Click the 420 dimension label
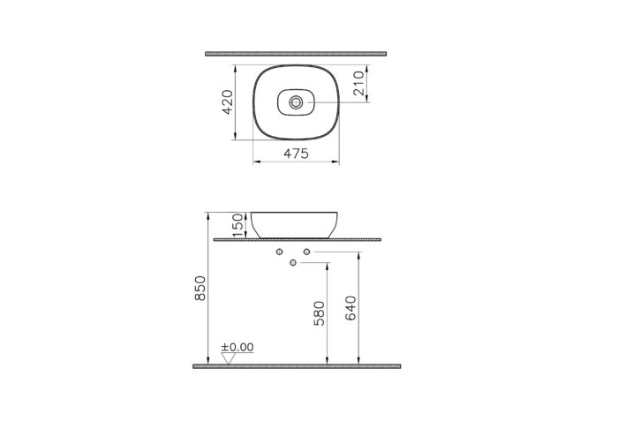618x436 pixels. point(227,102)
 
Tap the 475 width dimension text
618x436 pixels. point(296,154)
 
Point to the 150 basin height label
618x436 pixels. point(236,225)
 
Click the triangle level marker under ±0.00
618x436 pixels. point(227,358)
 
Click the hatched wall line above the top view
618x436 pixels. point(295,54)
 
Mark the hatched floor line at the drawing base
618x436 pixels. point(296,365)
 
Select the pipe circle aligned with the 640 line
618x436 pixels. point(307,252)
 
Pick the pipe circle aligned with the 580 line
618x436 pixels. point(294,263)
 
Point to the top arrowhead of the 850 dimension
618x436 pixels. point(206,214)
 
